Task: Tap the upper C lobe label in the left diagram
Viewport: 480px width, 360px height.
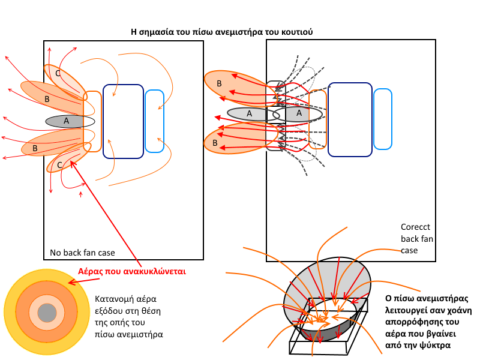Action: [58, 73]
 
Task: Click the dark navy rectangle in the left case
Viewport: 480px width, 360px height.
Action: [123, 121]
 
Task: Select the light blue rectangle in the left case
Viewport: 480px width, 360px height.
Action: [154, 121]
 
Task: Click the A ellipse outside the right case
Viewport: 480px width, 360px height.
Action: [247, 113]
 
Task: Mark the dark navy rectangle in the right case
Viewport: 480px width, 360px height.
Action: [350, 119]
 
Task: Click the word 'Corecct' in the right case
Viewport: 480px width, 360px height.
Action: [413, 227]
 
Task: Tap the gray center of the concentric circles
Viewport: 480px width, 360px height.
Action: [46, 313]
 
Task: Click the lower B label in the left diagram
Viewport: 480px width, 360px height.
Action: [35, 148]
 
